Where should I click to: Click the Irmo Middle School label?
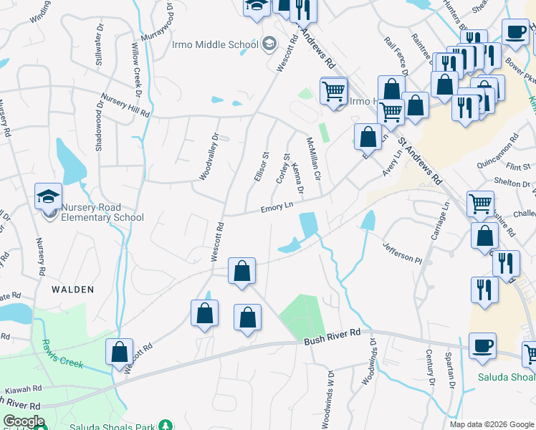pos(215,44)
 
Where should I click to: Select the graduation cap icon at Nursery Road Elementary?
pos(48,196)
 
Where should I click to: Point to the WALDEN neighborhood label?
pos(72,290)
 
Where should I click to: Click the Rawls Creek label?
pos(62,353)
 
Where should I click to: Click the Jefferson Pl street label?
pos(403,252)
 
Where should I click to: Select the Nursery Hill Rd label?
pos(125,105)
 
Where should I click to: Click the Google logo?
pos(24,421)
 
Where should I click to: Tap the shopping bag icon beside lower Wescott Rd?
pos(119,352)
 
